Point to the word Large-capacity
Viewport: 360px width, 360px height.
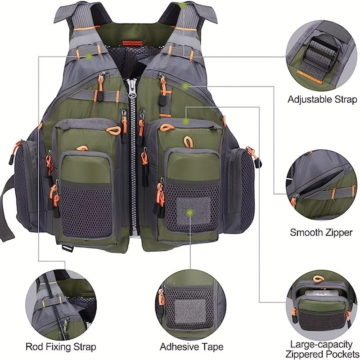pyautogui.click(x=321, y=344)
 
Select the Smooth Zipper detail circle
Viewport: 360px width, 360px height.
pyautogui.click(x=321, y=184)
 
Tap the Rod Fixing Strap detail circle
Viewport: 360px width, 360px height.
pyautogui.click(x=61, y=305)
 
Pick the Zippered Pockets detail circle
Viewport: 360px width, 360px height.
pyautogui.click(x=321, y=305)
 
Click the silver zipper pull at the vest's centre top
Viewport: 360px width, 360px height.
pyautogui.click(x=132, y=88)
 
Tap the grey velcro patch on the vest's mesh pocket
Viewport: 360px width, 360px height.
pyautogui.click(x=193, y=211)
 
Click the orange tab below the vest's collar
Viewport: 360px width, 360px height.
pyautogui.click(x=132, y=43)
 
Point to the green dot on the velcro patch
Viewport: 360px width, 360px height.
pyautogui.click(x=189, y=212)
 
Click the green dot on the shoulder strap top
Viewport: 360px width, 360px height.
pyautogui.click(x=183, y=5)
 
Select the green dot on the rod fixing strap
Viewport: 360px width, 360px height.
pyautogui.click(x=88, y=56)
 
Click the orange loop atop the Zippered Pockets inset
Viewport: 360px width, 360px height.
pyautogui.click(x=319, y=279)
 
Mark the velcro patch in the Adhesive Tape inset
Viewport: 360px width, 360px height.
pyautogui.click(x=190, y=310)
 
